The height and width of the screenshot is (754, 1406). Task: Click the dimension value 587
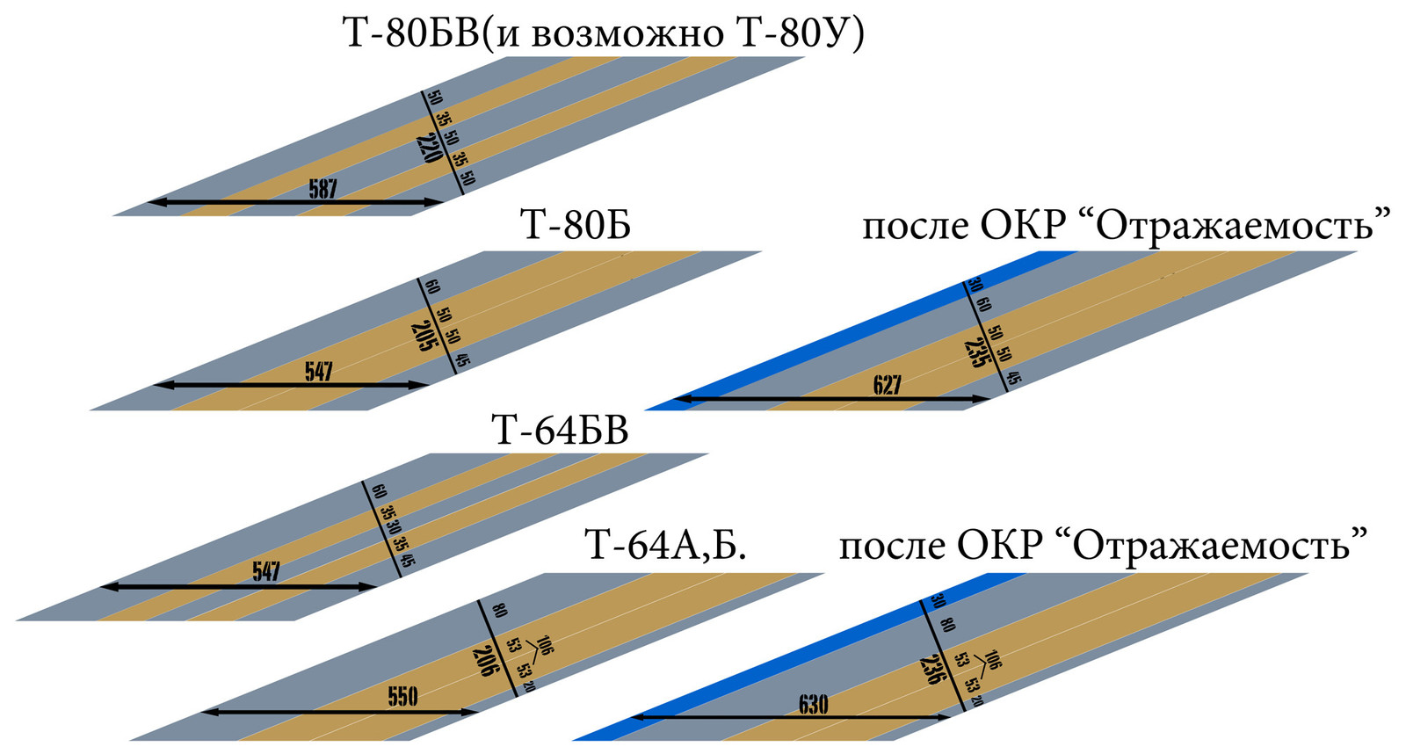pyautogui.click(x=323, y=189)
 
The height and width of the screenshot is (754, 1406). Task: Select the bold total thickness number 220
pyautogui.click(x=429, y=148)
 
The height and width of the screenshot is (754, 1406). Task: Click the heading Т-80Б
pyautogui.click(x=576, y=227)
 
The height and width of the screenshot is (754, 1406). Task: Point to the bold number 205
pyautogui.click(x=423, y=335)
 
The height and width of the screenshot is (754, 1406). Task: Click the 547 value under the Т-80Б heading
pyautogui.click(x=318, y=372)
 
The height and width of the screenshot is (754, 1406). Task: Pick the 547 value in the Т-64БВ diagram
pyautogui.click(x=265, y=573)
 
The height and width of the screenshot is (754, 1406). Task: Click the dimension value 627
pyautogui.click(x=887, y=386)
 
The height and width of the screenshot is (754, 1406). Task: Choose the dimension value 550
pyautogui.click(x=402, y=698)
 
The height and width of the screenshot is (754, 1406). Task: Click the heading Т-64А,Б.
pyautogui.click(x=665, y=546)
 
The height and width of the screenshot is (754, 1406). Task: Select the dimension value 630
pyautogui.click(x=813, y=705)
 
